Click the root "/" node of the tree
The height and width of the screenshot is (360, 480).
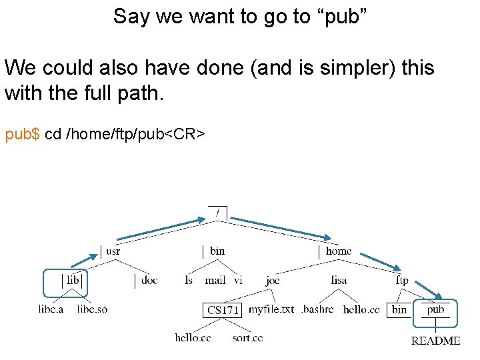[217, 213]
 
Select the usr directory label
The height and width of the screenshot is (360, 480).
[113, 251]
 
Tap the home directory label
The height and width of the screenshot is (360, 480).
[338, 251]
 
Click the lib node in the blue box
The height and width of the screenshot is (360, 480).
[73, 281]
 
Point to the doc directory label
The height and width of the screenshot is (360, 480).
[149, 281]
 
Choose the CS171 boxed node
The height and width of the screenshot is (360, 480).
[223, 310]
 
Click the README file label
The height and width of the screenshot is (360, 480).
[435, 341]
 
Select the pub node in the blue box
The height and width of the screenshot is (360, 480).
[435, 309]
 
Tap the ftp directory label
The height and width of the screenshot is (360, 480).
[402, 281]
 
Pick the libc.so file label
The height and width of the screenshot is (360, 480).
[92, 309]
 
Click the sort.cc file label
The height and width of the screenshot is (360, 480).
[247, 338]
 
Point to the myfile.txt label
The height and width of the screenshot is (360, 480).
[271, 309]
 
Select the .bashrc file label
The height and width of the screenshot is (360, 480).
[317, 309]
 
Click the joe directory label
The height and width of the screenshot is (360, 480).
[273, 281]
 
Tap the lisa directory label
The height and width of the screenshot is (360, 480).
[339, 281]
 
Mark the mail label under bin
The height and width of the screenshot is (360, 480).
[215, 281]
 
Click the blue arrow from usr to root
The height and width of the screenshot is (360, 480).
[160, 229]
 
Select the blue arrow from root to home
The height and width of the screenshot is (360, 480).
[280, 227]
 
